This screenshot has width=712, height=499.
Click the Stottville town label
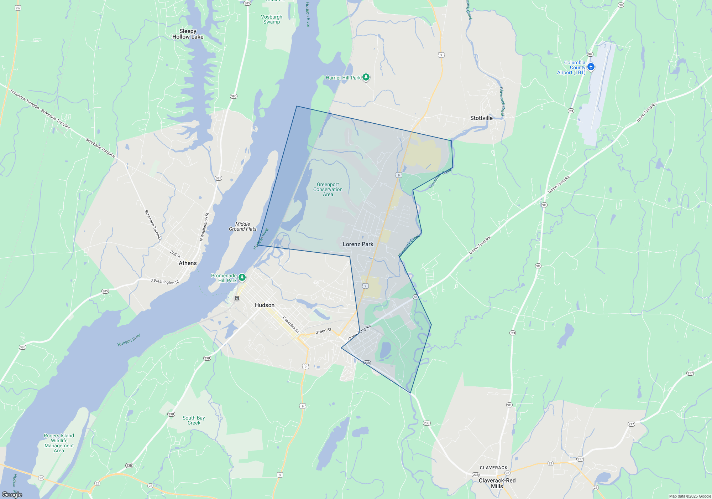[481, 118]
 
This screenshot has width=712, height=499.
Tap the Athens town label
[188, 263]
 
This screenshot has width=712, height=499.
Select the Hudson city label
[265, 305]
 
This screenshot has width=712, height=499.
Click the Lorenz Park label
[358, 244]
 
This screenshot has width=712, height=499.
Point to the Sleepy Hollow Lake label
[188, 34]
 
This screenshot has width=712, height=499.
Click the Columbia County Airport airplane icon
[591, 67]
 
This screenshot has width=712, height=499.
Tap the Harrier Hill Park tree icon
[366, 77]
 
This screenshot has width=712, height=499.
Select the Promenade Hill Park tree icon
[242, 277]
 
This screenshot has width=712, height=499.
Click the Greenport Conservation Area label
[328, 190]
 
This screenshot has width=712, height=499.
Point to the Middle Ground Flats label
[242, 226]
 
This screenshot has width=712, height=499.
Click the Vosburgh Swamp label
[272, 19]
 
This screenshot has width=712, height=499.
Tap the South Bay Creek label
[194, 420]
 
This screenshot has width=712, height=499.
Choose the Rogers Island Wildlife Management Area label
[59, 443]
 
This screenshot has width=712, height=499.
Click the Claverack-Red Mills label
[497, 483]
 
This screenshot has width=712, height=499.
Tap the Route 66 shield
[415, 297]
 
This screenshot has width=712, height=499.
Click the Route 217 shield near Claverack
[580, 459]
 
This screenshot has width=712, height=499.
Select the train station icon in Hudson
[237, 298]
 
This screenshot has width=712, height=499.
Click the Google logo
[12, 494]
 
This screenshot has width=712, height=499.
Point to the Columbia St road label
[291, 324]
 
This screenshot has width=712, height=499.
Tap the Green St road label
[323, 331]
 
